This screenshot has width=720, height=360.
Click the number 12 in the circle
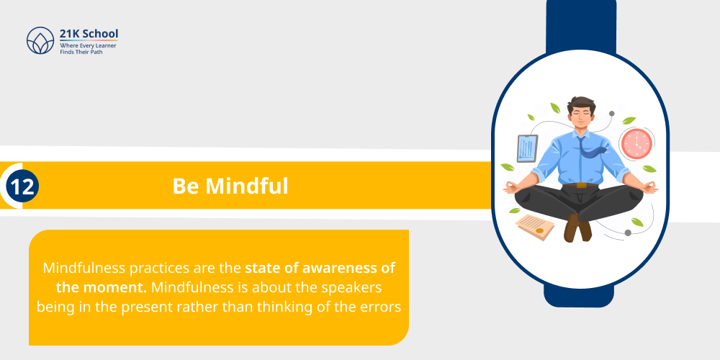(22, 186)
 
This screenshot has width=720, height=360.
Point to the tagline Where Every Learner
(88, 45)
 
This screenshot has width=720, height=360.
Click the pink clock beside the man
(635, 143)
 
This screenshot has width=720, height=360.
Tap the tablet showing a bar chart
(527, 148)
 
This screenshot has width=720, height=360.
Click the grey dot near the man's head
(611, 113)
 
